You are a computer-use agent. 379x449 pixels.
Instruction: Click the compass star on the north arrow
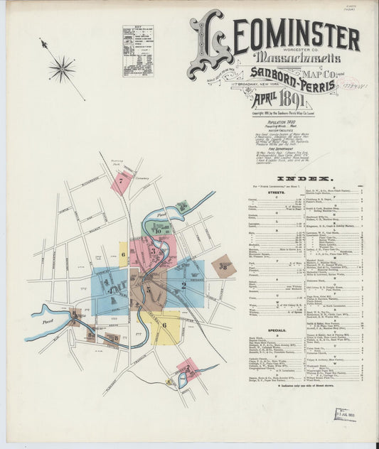point(63,69)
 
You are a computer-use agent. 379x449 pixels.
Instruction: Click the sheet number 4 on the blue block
point(109,287)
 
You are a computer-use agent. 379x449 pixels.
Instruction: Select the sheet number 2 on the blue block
point(183,286)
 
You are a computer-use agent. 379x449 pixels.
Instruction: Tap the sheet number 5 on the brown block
point(149,289)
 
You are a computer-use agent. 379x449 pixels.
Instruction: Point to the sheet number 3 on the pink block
point(152,251)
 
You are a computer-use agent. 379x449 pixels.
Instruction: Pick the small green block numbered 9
point(183,207)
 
